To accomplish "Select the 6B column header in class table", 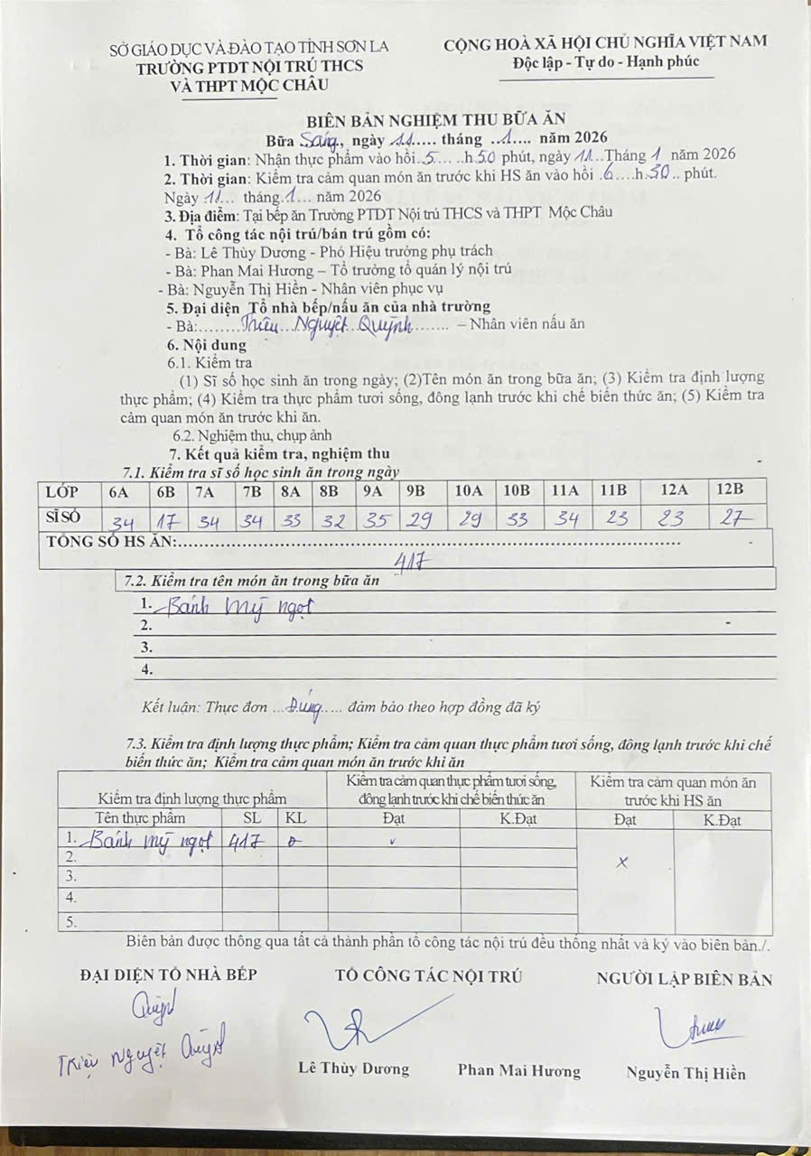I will pos(165,492).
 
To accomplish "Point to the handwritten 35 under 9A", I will pos(372,520).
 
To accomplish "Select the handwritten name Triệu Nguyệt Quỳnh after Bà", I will pos(343,325).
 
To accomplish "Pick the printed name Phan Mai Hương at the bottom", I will pos(518,1071).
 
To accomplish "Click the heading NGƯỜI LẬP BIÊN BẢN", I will pos(684,979).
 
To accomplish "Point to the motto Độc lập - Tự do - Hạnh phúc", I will pos(604,63).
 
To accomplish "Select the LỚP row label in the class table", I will pos(62,492).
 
